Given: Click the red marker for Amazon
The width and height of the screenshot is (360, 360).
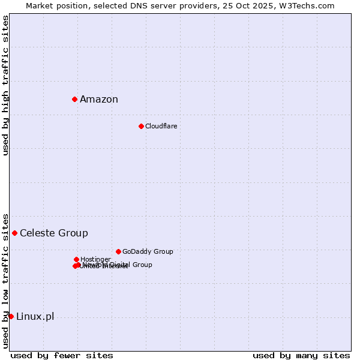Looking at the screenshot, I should click(x=74, y=99).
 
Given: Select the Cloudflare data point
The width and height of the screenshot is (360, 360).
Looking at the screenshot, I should click(x=141, y=126).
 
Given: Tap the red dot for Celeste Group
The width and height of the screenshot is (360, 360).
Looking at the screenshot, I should click(x=14, y=233).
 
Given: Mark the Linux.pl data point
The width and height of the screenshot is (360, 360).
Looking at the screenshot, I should click(x=11, y=316).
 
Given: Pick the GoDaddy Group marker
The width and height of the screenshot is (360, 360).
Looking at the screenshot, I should click(x=118, y=251).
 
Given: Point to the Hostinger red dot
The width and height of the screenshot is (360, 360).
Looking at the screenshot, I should click(x=76, y=259).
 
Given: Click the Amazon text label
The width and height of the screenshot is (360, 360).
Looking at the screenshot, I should click(x=99, y=100).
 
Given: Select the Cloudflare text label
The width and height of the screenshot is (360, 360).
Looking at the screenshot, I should click(x=161, y=126).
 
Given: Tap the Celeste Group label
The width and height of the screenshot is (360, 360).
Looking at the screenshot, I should click(x=54, y=233).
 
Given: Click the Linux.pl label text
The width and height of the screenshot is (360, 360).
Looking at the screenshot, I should click(x=35, y=317).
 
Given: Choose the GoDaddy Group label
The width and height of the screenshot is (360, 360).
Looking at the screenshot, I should click(x=148, y=252).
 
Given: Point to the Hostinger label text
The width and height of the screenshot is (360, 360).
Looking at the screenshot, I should click(x=95, y=260).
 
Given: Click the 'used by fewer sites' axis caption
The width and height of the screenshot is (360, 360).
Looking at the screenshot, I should click(x=62, y=356).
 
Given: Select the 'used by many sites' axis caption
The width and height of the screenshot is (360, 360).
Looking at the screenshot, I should click(x=301, y=356).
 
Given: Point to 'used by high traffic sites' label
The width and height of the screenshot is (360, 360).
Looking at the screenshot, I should click(x=6, y=85).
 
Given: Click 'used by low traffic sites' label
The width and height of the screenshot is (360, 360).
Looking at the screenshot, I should click(x=6, y=281).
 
